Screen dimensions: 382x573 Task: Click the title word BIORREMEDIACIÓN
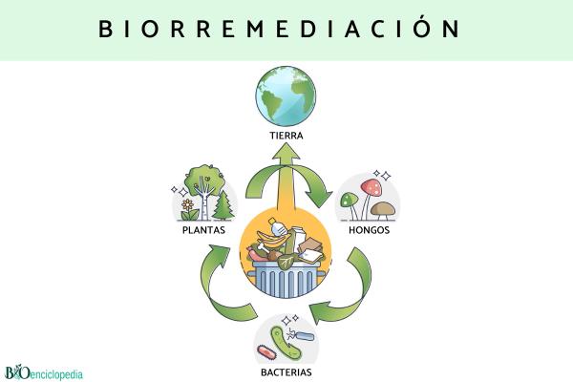280,28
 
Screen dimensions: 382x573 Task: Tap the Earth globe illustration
285,95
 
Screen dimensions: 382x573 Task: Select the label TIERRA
286,136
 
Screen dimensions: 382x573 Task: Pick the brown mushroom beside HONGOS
382,207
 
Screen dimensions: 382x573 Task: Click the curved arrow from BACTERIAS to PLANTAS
222,291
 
